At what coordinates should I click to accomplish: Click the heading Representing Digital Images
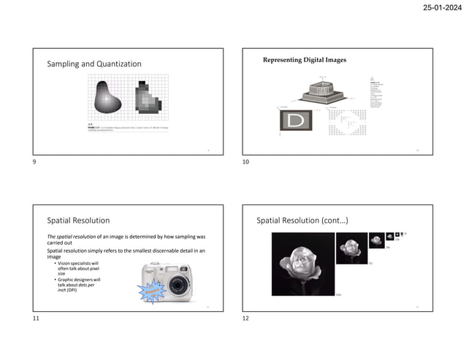pyautogui.click(x=305, y=60)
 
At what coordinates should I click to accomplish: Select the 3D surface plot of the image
pyautogui.click(x=325, y=89)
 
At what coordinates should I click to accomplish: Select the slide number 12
pyautogui.click(x=246, y=318)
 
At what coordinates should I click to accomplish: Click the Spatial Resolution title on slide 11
pyautogui.click(x=78, y=220)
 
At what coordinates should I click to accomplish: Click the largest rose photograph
pyautogui.click(x=302, y=263)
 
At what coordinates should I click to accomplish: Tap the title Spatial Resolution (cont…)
pyautogui.click(x=302, y=220)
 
